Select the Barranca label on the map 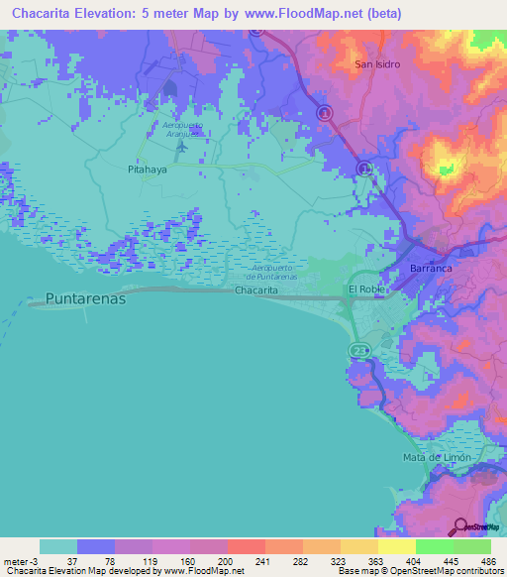tap(431, 269)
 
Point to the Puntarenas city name tap(86, 297)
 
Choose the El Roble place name tap(365, 289)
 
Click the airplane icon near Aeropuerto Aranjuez tap(180, 147)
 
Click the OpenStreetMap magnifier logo tap(461, 525)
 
